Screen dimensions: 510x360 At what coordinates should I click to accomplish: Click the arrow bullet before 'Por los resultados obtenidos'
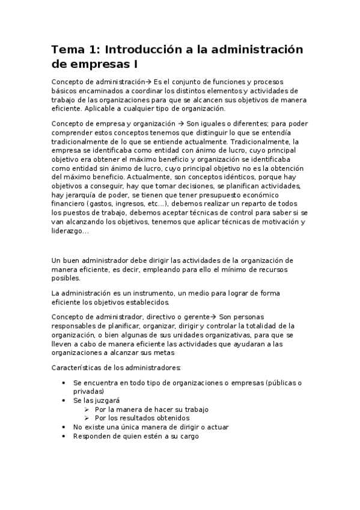tap(87, 418)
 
